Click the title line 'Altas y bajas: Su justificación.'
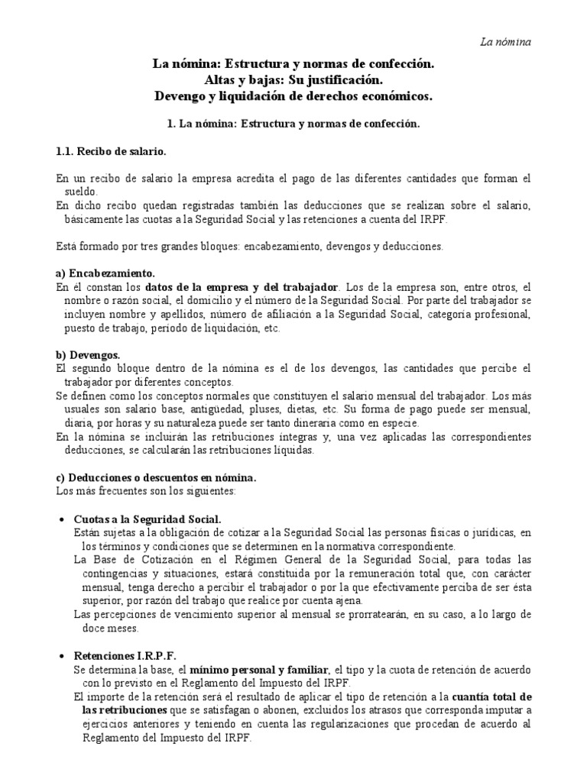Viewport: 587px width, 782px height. [293, 79]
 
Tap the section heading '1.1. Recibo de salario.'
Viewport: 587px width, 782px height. [111, 151]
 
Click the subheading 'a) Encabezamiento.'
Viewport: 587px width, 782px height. [105, 273]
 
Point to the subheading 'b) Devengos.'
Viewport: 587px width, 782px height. [88, 355]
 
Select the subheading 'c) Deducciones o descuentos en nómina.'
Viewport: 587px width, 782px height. [156, 477]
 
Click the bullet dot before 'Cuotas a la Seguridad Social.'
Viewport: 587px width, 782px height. [63, 519]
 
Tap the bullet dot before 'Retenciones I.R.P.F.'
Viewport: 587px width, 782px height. [63, 656]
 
